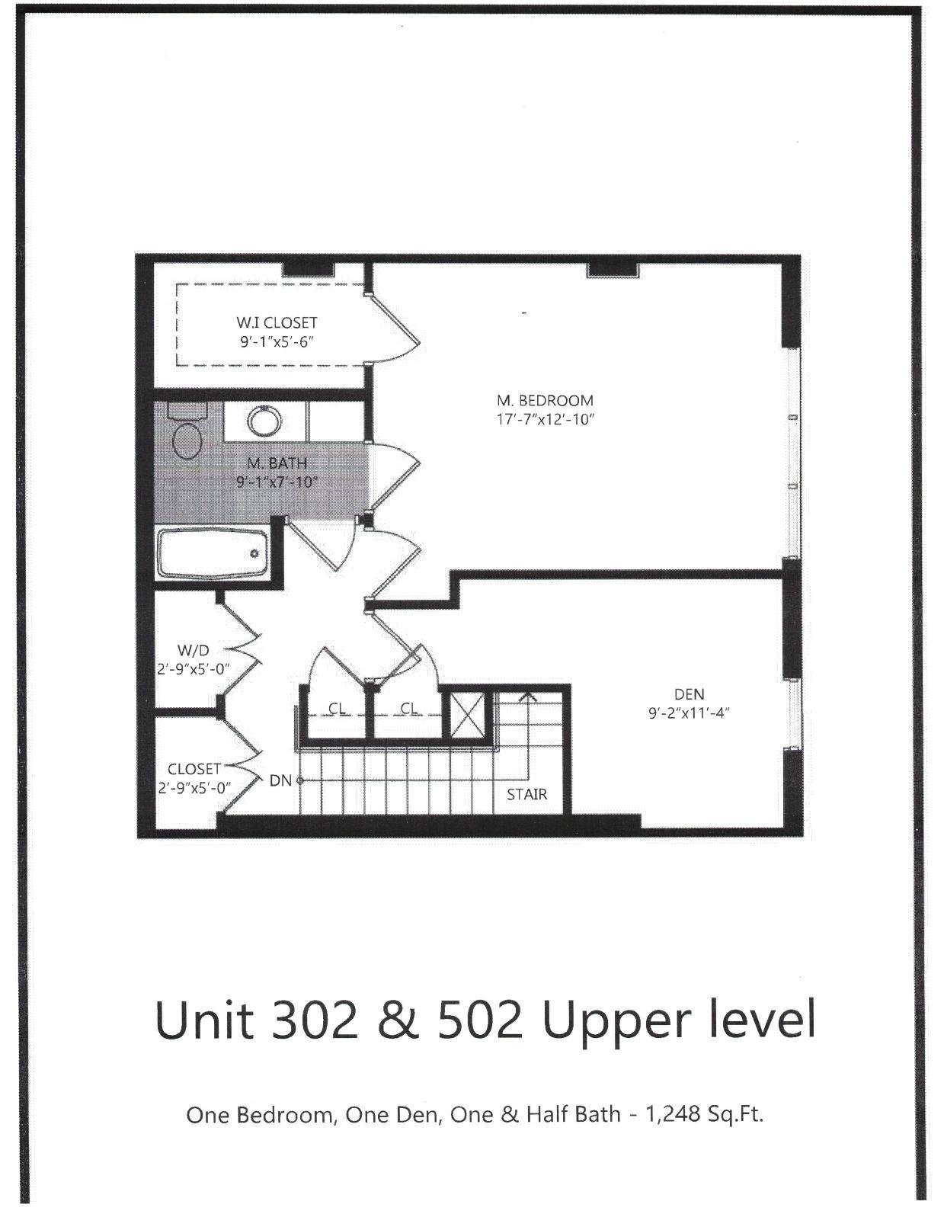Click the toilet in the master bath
(x=187, y=435)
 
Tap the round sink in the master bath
(x=264, y=420)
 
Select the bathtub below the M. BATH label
(x=213, y=554)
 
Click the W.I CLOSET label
(x=277, y=323)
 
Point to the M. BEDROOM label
(x=545, y=400)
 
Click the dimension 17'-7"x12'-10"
(x=545, y=419)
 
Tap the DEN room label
(x=689, y=694)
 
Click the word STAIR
(x=526, y=794)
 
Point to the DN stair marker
(x=281, y=780)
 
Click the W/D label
(x=193, y=650)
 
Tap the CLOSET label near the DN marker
(x=194, y=769)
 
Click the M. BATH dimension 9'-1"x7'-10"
(x=277, y=482)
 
